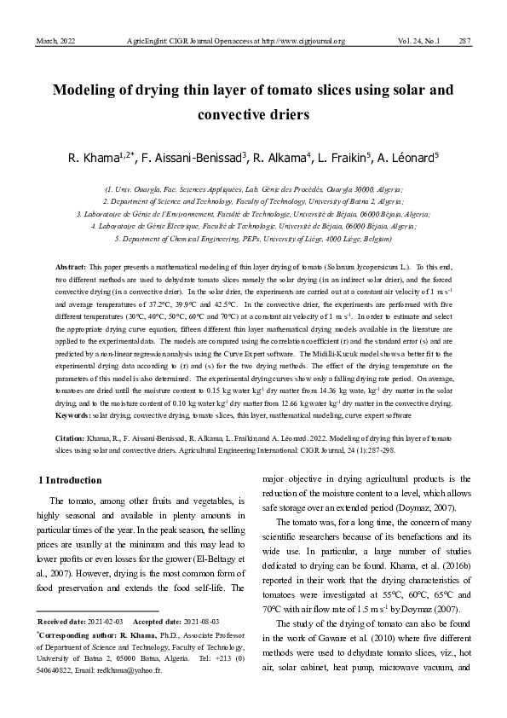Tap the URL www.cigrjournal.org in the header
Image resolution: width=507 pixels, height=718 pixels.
(x=308, y=41)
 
